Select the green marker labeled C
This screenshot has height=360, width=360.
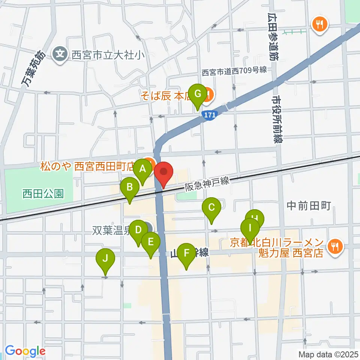(x=211, y=207)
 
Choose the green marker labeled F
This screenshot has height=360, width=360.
(x=186, y=253)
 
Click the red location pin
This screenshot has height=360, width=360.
(x=164, y=172)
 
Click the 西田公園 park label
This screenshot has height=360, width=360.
(x=42, y=194)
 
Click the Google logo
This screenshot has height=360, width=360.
(x=25, y=351)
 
